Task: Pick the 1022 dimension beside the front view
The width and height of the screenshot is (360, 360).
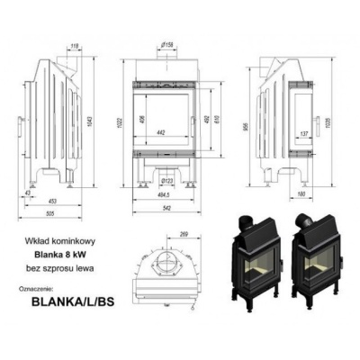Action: tap(117, 123)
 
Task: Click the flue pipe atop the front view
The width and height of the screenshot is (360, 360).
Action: tap(167, 56)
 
